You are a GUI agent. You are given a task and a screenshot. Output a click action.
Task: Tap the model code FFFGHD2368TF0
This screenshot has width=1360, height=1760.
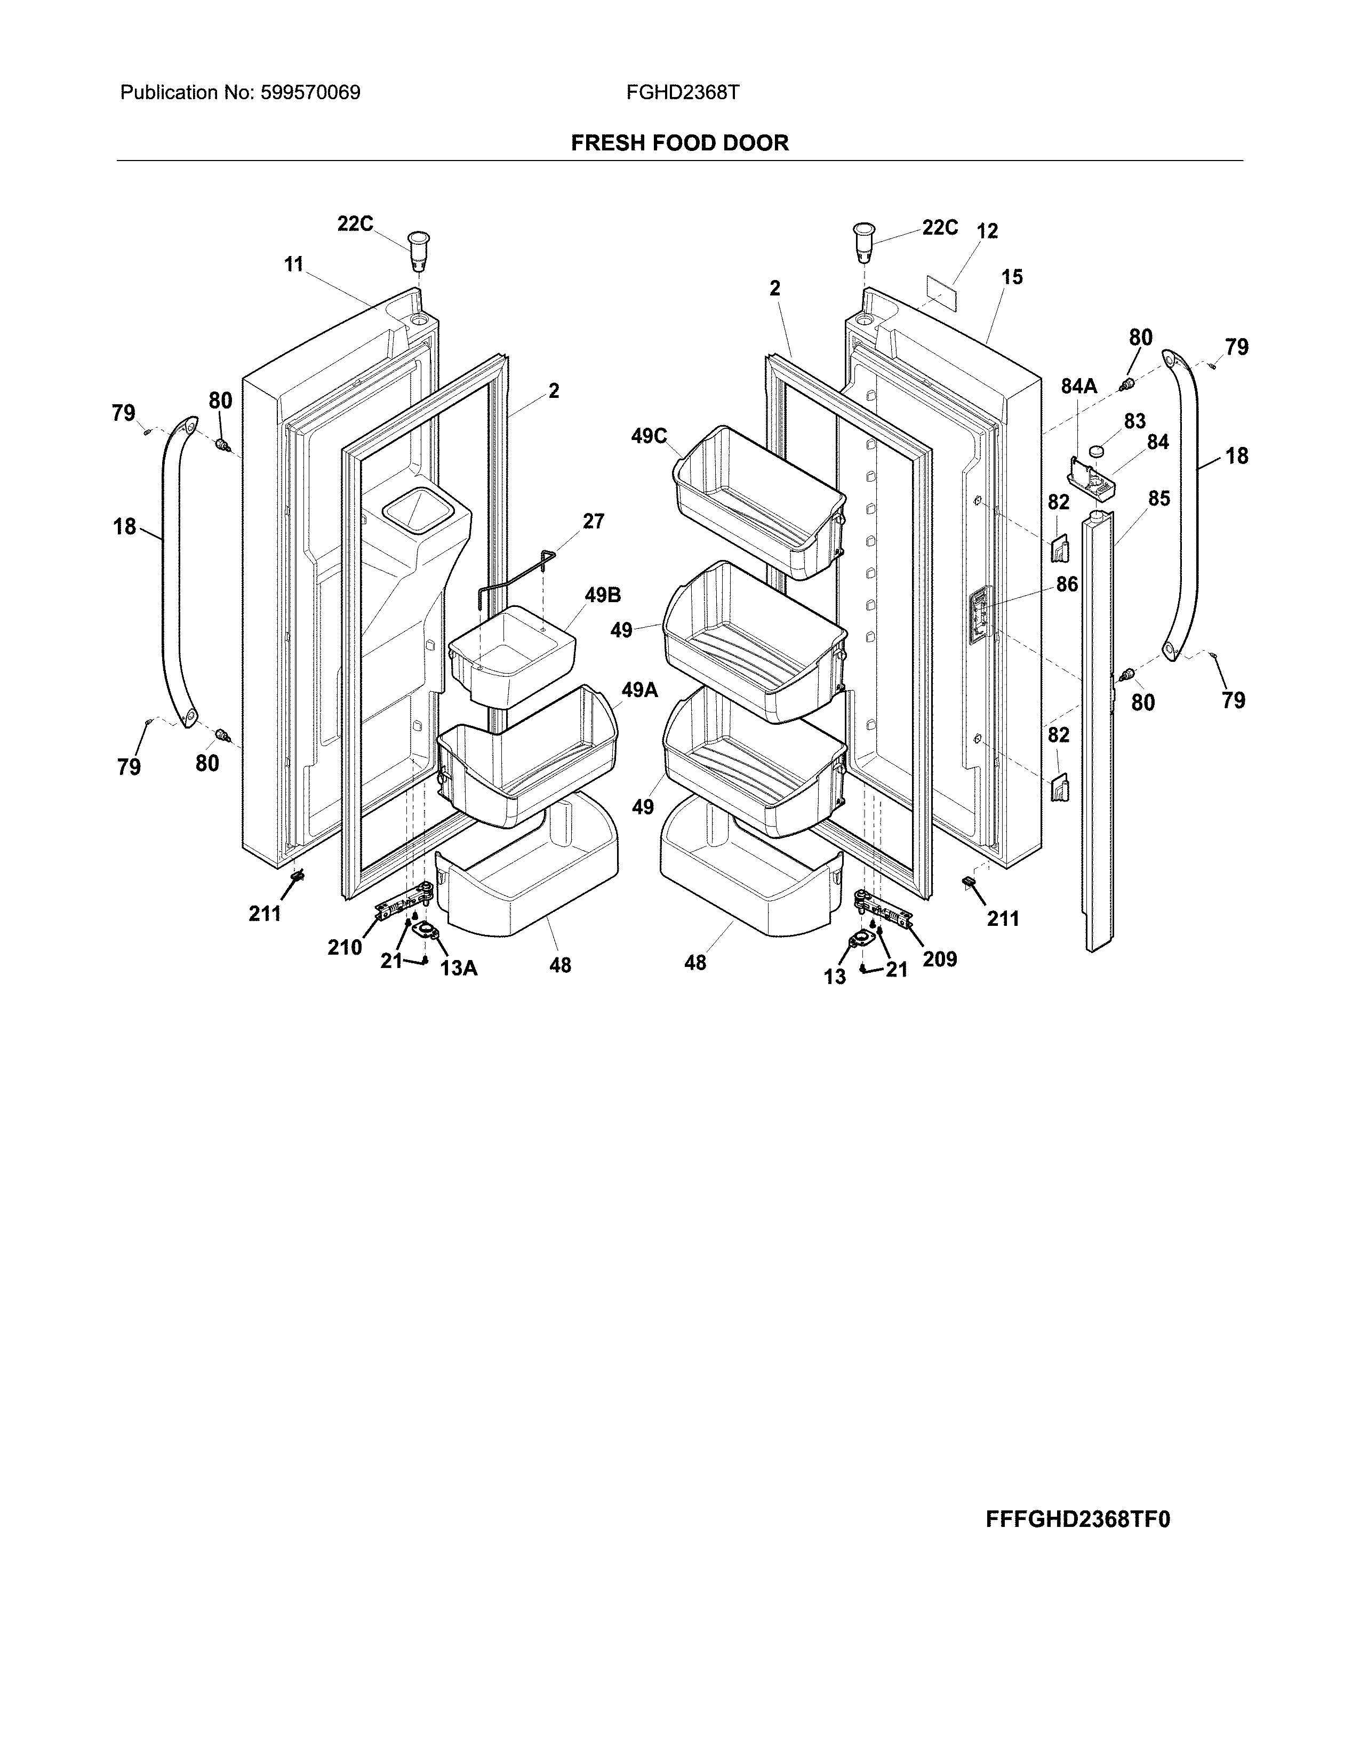pyautogui.click(x=1077, y=1519)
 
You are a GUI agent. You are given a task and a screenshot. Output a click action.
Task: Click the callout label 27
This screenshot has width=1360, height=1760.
pyautogui.click(x=593, y=522)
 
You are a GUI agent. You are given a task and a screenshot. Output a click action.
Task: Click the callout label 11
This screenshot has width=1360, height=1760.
pyautogui.click(x=293, y=263)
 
